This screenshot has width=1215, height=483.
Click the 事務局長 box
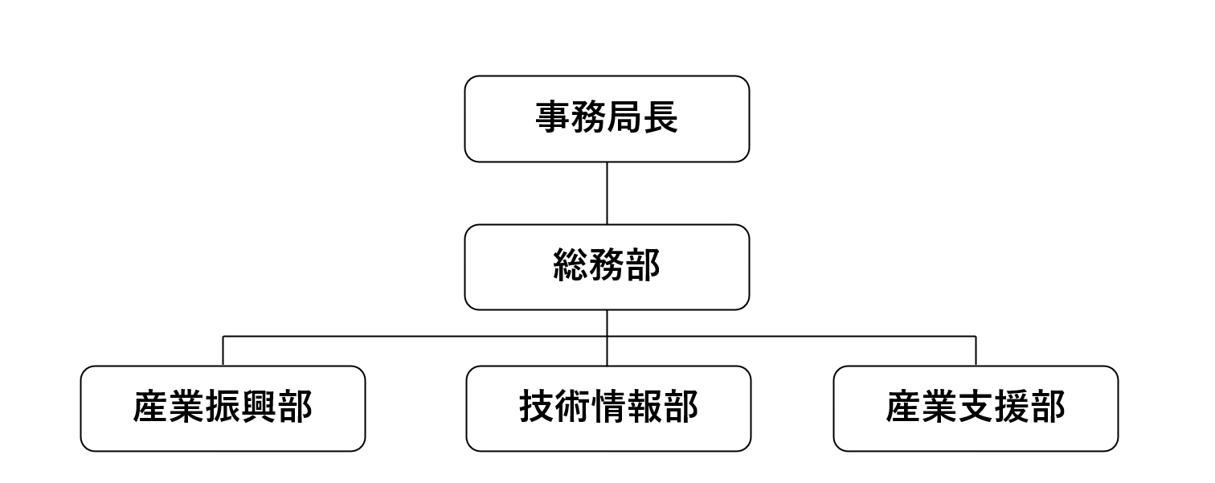[607, 119]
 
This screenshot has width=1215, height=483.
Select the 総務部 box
[607, 267]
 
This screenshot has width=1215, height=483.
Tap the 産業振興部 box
[223, 408]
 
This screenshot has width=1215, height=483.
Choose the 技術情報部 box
[608, 408]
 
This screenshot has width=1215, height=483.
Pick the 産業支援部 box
[976, 408]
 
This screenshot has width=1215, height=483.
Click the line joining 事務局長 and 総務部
[607, 193]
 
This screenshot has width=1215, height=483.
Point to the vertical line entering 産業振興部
[223, 351]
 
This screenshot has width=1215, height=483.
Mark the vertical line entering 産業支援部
[976, 351]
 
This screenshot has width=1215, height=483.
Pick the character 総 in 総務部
[571, 267]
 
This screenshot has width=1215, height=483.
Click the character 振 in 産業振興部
[223, 408]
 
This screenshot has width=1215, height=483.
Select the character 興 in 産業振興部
[259, 408]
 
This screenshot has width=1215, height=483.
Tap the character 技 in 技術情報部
[537, 408]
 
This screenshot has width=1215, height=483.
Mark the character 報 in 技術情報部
[644, 408]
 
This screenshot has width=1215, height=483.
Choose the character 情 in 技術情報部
[608, 408]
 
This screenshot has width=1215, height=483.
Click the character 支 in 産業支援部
[976, 408]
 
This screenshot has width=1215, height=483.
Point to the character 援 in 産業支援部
[1012, 408]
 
